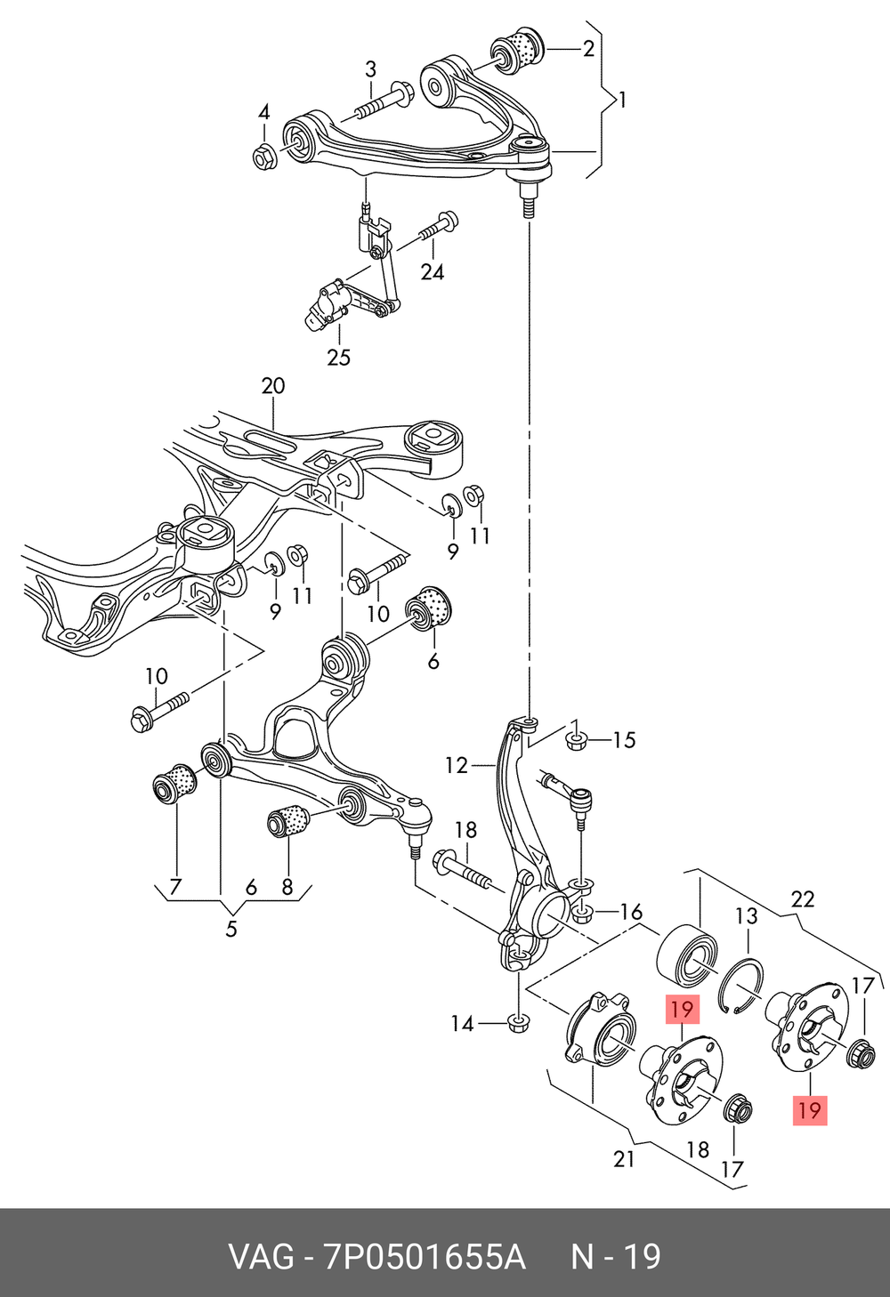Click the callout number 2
pos(588,49)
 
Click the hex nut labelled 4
pos(263,157)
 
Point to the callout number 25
pos(338,358)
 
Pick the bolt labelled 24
pos(435,228)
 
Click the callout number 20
pos(273,386)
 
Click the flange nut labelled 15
pos(576,739)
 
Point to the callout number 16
pos(631,912)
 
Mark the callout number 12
pos(457,765)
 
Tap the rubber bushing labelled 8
pos(287,819)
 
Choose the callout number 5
pos(231,930)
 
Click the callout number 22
pos(803,899)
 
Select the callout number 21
pos(625,1159)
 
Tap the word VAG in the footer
pos(262,1257)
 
